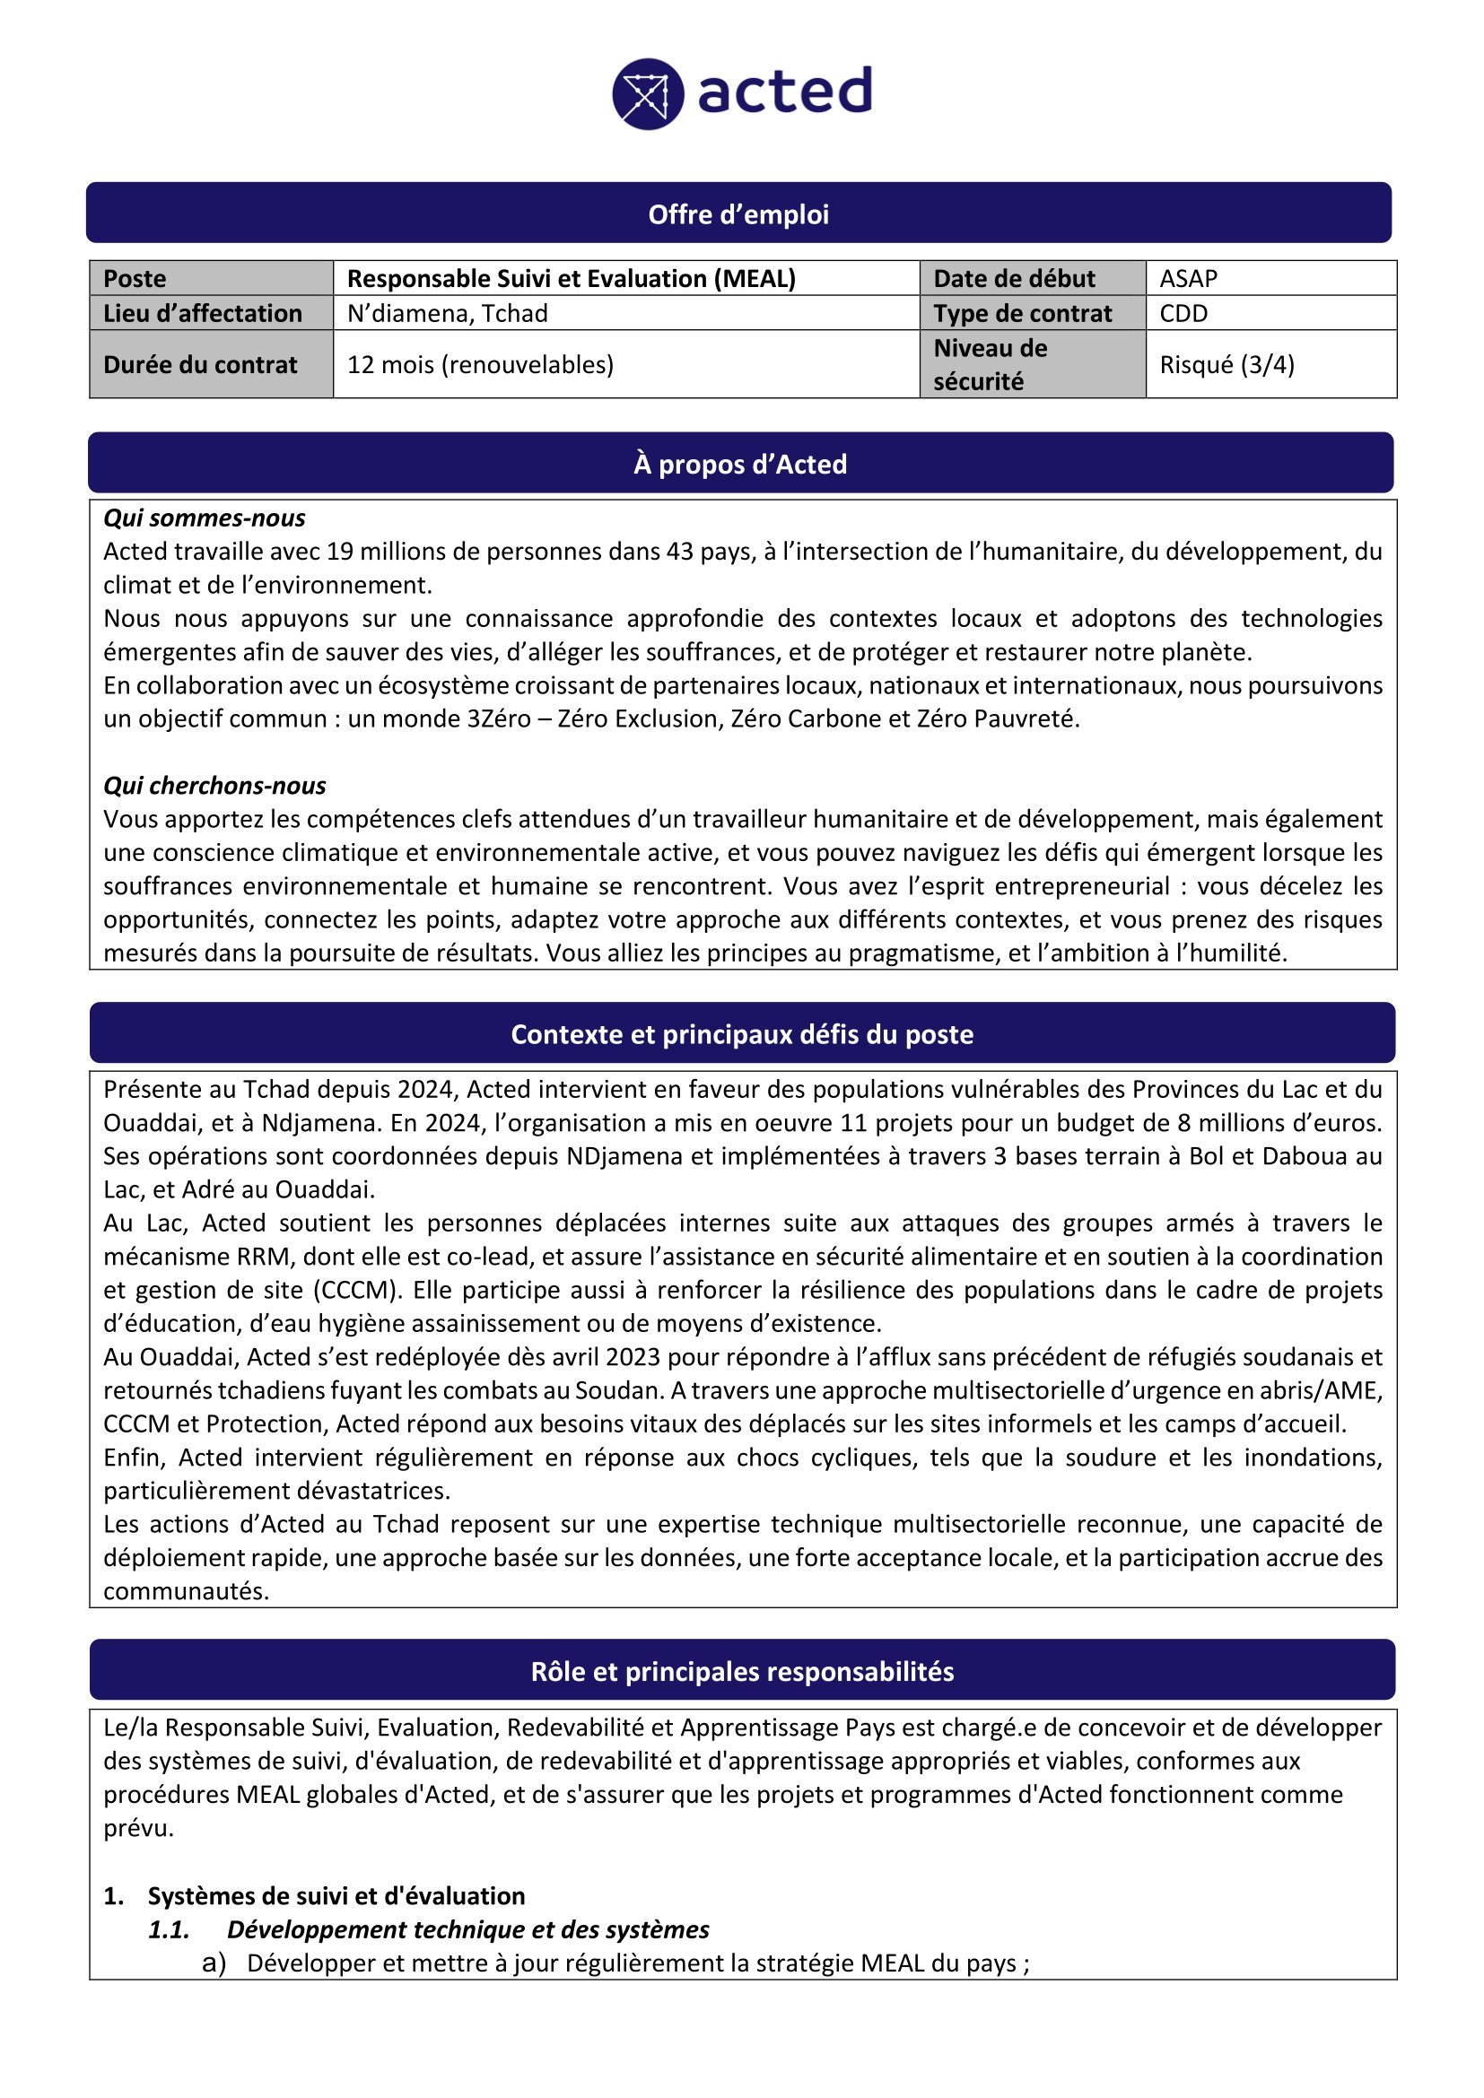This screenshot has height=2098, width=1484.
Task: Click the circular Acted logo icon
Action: pyautogui.click(x=648, y=94)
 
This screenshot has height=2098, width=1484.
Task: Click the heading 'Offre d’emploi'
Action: pyautogui.click(x=738, y=214)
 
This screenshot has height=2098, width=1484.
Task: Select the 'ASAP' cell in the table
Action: pyautogui.click(x=1188, y=279)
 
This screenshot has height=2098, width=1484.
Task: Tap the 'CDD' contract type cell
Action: pyautogui.click(x=1183, y=313)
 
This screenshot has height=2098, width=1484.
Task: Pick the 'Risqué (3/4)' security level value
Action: pyautogui.click(x=1226, y=364)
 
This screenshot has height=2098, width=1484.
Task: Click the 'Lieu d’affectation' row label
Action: pyautogui.click(x=202, y=313)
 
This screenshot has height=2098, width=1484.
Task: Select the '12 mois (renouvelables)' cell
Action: pyautogui.click(x=480, y=364)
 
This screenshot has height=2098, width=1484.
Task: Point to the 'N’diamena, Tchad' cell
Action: pyautogui.click(x=447, y=313)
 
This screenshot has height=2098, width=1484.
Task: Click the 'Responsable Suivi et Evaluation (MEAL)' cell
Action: pyautogui.click(x=572, y=279)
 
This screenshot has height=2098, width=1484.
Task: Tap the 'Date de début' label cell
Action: pyautogui.click(x=1013, y=279)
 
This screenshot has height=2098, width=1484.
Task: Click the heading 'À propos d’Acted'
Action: pyautogui.click(x=740, y=465)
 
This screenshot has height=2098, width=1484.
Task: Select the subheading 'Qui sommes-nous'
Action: pyautogui.click(x=204, y=518)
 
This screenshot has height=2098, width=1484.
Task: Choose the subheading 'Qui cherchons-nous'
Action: pyautogui.click(x=214, y=786)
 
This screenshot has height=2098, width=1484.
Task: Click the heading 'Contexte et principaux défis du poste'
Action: pyautogui.click(x=742, y=1034)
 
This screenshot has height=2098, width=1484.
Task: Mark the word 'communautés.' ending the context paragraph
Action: pyautogui.click(x=187, y=1591)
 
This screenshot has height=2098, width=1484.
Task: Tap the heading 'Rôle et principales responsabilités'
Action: pyautogui.click(x=742, y=1672)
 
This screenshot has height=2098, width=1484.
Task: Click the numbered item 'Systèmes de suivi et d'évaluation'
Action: pyautogui.click(x=336, y=1896)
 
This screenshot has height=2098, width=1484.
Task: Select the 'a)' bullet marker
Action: pyautogui.click(x=214, y=1963)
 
